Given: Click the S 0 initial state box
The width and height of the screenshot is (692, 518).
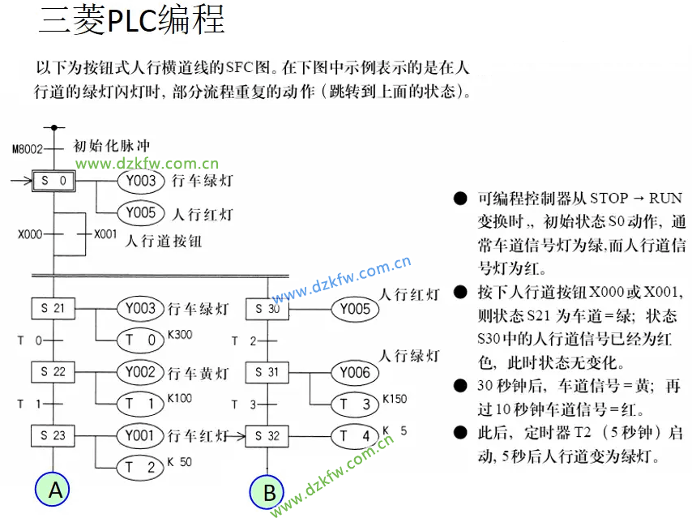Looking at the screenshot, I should click(54, 181).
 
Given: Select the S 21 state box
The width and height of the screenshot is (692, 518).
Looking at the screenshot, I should click(53, 309).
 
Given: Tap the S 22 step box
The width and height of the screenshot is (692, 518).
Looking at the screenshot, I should click(53, 372).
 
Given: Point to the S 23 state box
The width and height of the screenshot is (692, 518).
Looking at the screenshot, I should click(53, 435).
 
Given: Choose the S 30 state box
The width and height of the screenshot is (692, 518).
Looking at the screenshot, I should click(267, 309).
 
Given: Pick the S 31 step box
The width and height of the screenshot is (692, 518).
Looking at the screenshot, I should click(267, 372).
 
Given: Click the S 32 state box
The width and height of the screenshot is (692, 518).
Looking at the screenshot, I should click(267, 436).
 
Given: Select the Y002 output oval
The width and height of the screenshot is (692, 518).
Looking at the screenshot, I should click(141, 372).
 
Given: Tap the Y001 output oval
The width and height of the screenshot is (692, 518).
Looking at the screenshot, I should click(141, 435).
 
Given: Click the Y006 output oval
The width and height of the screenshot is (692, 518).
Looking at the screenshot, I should click(355, 372).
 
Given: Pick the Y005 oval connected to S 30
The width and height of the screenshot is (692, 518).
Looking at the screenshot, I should click(355, 309).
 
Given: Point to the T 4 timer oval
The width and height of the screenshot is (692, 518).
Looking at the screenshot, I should click(355, 436).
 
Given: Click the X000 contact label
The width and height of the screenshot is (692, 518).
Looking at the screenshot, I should click(29, 234).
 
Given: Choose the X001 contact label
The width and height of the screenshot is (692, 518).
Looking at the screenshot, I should click(105, 234).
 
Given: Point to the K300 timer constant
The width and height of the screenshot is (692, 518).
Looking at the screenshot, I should click(180, 334).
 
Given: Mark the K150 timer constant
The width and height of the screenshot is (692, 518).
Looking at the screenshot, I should click(395, 398).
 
